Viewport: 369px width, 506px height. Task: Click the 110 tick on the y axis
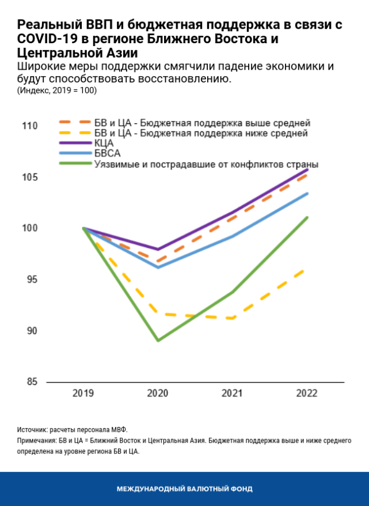29,126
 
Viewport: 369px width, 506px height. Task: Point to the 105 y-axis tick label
29,177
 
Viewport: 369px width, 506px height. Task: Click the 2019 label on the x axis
84,394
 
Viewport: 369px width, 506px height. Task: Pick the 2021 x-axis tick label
232,394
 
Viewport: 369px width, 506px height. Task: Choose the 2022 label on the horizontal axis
306,394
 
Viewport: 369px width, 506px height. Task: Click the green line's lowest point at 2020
158,341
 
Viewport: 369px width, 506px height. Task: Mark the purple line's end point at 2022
307,169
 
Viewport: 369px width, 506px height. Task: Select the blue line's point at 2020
158,267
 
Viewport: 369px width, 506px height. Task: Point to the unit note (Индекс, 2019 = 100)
56,90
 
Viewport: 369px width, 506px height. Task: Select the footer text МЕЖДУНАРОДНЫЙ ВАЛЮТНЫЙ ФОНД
184,489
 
